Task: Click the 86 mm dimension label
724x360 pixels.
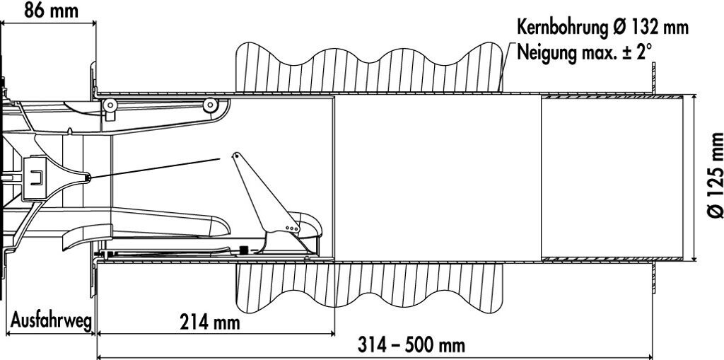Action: pos(51,10)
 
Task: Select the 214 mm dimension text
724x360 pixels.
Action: pos(209,323)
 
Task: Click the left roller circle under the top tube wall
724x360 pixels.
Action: pos(110,106)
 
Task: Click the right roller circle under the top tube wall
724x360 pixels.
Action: pos(209,105)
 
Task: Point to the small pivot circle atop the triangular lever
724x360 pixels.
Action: pos(236,155)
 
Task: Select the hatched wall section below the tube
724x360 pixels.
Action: pos(368,286)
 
